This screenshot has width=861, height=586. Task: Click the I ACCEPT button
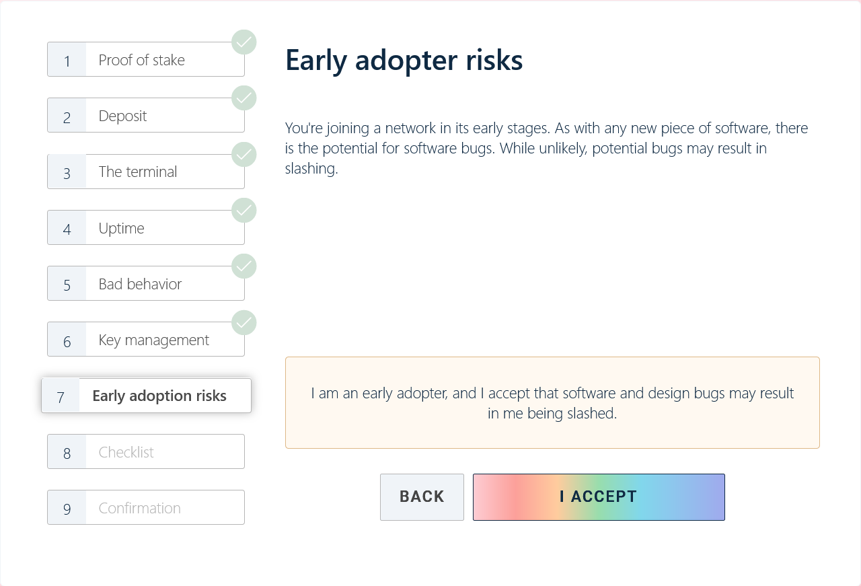point(599,497)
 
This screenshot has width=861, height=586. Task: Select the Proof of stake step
point(146,59)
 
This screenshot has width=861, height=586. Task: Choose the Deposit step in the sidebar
point(146,115)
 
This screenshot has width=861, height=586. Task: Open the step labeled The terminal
point(146,172)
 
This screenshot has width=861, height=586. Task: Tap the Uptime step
point(146,227)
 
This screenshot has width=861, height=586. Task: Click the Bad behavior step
point(146,283)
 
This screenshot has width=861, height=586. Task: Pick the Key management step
point(146,339)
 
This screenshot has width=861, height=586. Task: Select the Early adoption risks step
point(146,396)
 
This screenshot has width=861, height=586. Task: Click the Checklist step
point(146,451)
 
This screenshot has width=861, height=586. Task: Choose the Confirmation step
point(146,507)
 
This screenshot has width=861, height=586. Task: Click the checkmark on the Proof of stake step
point(244,42)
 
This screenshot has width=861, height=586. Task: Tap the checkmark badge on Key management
point(244,322)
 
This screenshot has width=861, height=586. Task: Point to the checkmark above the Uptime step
point(244,211)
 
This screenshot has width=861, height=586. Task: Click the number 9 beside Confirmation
point(67,509)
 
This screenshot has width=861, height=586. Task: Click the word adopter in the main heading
point(406,61)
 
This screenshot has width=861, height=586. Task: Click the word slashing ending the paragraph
point(311,169)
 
